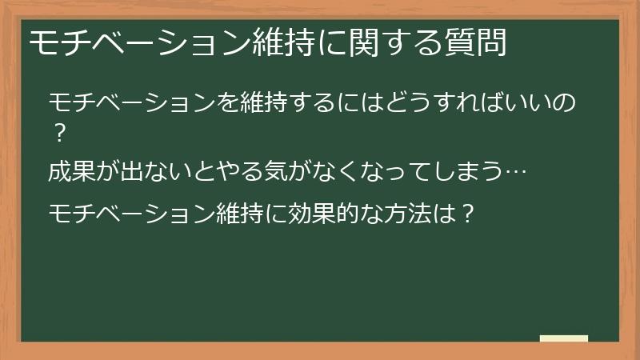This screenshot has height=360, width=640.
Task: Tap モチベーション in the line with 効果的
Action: tap(131, 214)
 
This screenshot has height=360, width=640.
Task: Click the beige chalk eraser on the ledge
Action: tap(563, 338)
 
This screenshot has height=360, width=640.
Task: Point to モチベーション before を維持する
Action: tap(131, 103)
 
